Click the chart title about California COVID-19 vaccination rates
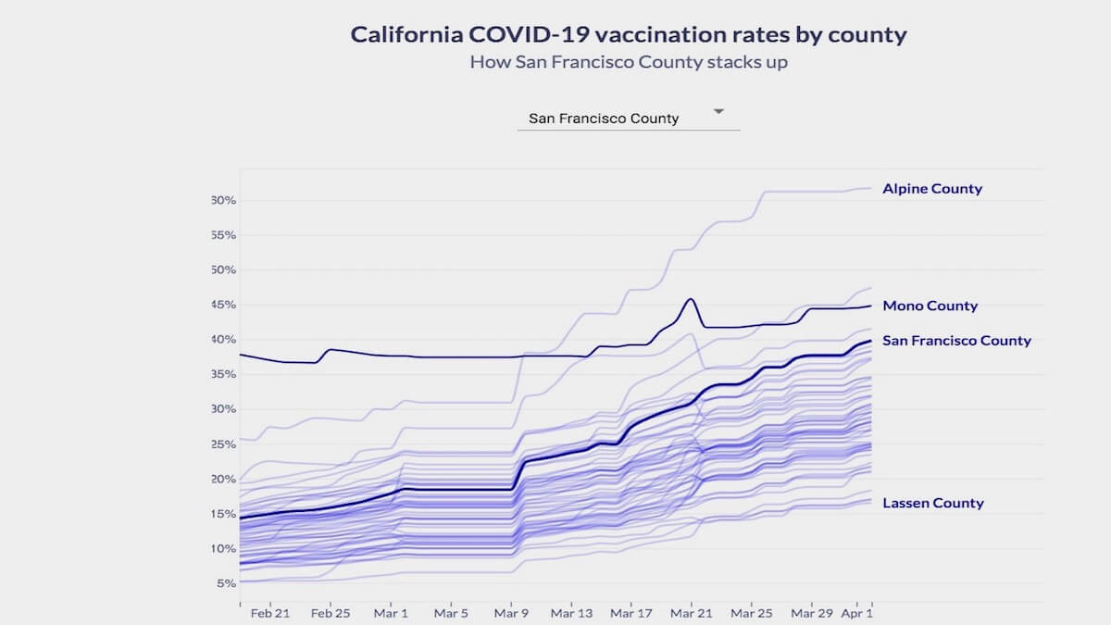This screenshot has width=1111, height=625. click(629, 35)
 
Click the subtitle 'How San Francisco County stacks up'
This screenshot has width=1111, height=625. click(629, 63)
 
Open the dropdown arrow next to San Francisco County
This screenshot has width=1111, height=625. click(718, 112)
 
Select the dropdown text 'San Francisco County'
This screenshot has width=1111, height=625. click(604, 119)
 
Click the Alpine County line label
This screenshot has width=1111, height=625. click(932, 189)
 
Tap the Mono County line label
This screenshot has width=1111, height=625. click(930, 306)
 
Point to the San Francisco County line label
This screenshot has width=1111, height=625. click(956, 341)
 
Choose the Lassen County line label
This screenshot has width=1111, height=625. click(933, 504)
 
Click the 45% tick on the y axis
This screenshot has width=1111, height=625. click(224, 305)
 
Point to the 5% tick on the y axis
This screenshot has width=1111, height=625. click(227, 583)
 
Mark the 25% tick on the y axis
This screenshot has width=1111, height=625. click(224, 444)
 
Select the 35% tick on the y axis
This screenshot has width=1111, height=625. click(224, 374)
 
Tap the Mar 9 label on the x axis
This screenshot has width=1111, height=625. click(512, 613)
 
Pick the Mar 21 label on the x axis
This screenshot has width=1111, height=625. click(692, 613)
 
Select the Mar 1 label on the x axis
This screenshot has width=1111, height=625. click(392, 613)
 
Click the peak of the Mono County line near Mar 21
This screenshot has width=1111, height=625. click(691, 299)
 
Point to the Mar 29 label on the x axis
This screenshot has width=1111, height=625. click(812, 613)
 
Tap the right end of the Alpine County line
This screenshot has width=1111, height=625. click(870, 188)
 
